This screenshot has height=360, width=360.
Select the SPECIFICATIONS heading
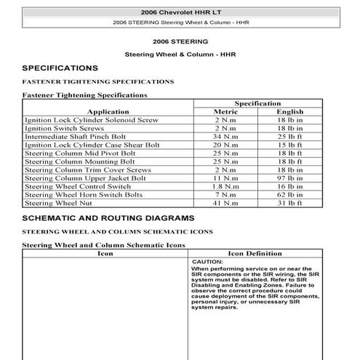click(60, 68)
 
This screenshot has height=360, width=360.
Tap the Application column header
click(107, 111)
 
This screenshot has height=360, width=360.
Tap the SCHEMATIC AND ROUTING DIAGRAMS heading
click(108, 217)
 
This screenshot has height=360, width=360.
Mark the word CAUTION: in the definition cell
click(207, 262)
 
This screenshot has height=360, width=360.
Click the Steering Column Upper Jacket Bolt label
click(85, 178)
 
